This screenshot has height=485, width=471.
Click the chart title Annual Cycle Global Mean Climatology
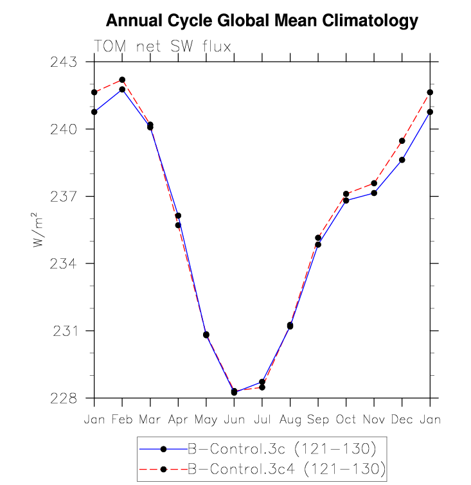(262, 21)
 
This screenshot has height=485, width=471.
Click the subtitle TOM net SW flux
(162, 46)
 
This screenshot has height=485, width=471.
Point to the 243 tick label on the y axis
(64, 62)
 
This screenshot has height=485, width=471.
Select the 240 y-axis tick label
(64, 129)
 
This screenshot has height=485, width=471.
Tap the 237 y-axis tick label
(64, 197)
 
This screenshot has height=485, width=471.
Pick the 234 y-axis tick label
(64, 264)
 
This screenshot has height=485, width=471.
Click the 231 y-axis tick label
(64, 331)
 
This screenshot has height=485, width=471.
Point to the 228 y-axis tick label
(64, 398)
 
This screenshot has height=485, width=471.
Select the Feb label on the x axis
(122, 419)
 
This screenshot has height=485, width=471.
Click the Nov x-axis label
(374, 419)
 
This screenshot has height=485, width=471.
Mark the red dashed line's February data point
(122, 80)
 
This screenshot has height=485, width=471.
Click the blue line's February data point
(122, 89)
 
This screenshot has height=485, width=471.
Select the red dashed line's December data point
(402, 141)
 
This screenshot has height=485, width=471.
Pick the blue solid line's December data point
(402, 160)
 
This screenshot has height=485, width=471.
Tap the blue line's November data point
(374, 193)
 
